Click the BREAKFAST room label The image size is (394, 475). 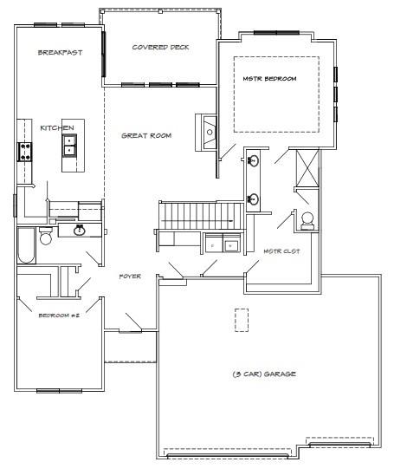click(61, 52)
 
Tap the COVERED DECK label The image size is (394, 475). click(160, 48)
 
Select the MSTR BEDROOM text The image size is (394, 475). click(269, 79)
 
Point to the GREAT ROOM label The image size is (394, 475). click(146, 136)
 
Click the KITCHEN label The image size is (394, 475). click(57, 127)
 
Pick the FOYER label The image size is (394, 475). click(130, 277)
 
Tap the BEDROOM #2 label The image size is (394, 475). click(59, 316)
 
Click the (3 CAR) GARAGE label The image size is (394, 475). click(264, 374)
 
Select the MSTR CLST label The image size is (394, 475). click(281, 251)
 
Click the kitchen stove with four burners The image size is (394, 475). click(25, 152)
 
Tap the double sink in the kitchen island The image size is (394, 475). click(69, 146)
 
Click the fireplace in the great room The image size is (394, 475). click(206, 133)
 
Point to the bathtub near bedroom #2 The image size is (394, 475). click(26, 245)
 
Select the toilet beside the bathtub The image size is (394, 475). click(46, 236)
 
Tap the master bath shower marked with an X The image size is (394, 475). click(307, 169)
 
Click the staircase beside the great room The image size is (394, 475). click(201, 216)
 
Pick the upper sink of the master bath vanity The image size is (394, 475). click(253, 160)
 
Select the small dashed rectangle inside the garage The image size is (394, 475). click(242, 320)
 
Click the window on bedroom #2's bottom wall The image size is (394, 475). click(59, 391)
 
